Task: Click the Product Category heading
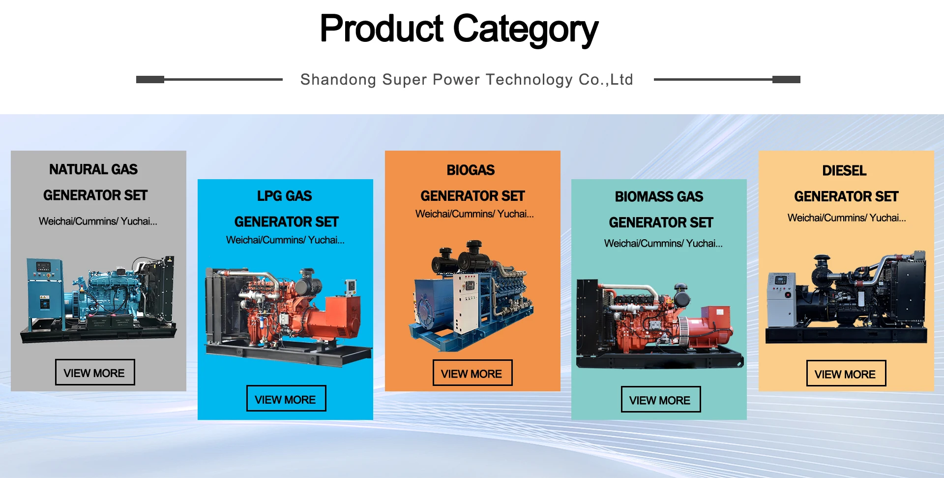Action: tap(459, 30)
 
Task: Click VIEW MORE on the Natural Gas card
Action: tap(95, 372)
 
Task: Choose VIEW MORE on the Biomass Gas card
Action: tap(661, 399)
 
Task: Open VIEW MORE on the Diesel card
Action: tap(846, 373)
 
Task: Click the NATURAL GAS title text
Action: tap(93, 169)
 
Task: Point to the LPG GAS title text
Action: tap(285, 196)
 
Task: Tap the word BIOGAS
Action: tap(471, 170)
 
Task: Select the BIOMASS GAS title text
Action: tap(659, 197)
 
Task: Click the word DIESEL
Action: tap(845, 171)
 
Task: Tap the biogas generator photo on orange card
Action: tap(471, 295)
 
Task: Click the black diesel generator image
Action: tap(846, 297)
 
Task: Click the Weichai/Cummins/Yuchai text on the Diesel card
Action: tap(847, 218)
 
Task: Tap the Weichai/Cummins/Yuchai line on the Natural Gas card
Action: tap(98, 221)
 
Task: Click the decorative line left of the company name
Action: tap(209, 79)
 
